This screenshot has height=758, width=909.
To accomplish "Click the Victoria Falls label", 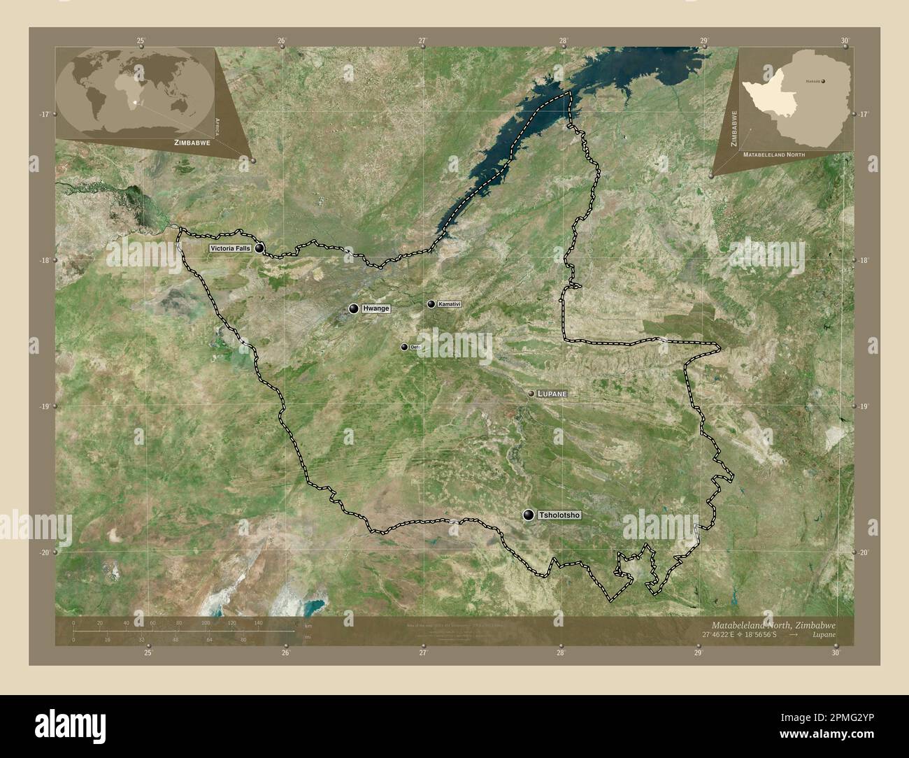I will [229, 248].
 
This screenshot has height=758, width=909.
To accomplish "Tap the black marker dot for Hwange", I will [354, 308].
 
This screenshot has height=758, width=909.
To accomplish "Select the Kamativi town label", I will [450, 304].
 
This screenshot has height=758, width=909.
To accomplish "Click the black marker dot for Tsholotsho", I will [529, 515].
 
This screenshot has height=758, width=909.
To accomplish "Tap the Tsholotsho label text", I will [559, 515].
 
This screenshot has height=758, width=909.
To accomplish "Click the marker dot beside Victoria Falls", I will [259, 248].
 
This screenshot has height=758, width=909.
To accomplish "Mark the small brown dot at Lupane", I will [531, 394].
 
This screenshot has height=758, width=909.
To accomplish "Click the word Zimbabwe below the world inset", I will [189, 142].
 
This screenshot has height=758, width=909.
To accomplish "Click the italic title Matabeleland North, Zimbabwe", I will [773, 624].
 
